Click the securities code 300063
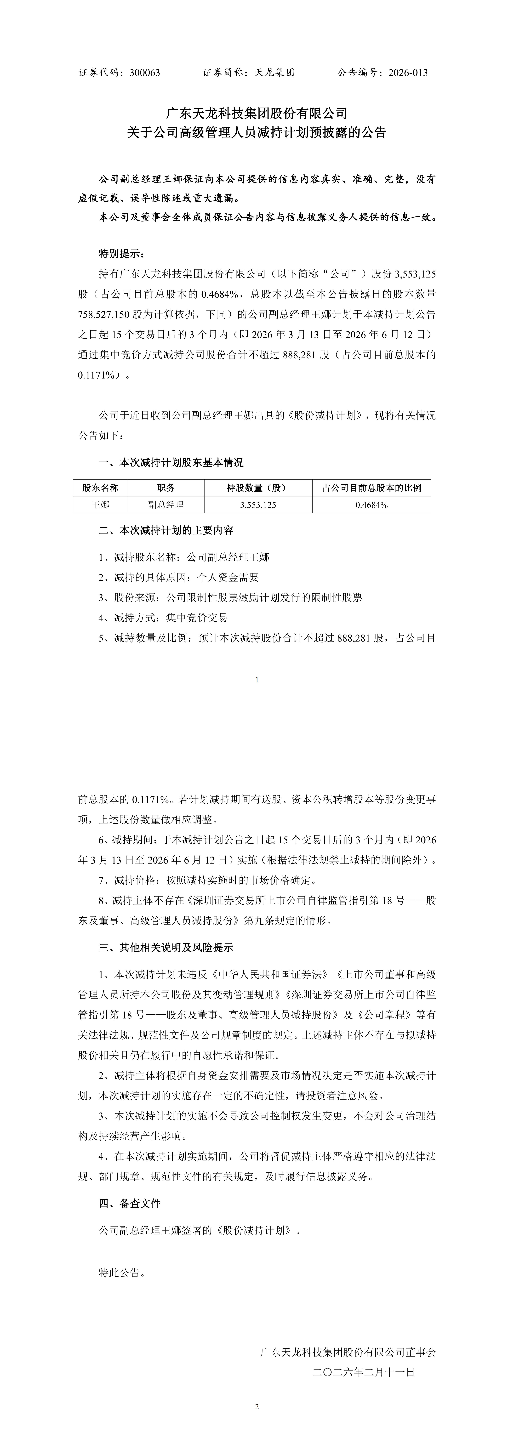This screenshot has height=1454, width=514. point(145,73)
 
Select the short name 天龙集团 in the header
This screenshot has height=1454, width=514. point(275,73)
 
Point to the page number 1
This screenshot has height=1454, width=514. point(257,680)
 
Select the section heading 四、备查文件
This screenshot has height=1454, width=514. point(130,1203)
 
